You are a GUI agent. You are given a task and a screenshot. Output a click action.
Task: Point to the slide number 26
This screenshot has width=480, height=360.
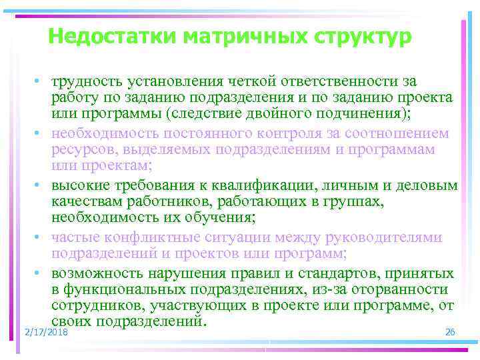[x=449, y=331]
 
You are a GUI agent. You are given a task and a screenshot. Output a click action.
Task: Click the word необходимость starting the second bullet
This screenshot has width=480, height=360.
[x=108, y=133]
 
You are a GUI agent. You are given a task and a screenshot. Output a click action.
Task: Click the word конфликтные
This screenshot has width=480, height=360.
[x=165, y=237]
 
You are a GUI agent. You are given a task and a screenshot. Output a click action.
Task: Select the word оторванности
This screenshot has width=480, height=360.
[x=397, y=289]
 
